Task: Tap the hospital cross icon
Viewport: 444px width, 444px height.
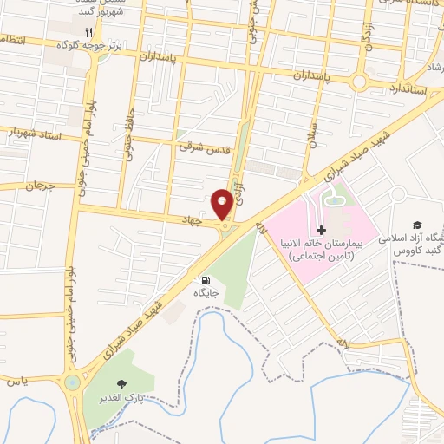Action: click(322, 230)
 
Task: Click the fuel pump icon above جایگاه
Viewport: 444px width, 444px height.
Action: click(206, 279)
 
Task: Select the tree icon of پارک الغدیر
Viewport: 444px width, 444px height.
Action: click(121, 385)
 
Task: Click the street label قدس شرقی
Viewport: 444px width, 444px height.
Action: click(206, 149)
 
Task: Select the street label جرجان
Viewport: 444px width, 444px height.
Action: click(39, 186)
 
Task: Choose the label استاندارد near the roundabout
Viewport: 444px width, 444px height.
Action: click(402, 88)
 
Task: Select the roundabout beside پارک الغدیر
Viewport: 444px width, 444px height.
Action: click(72, 380)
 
